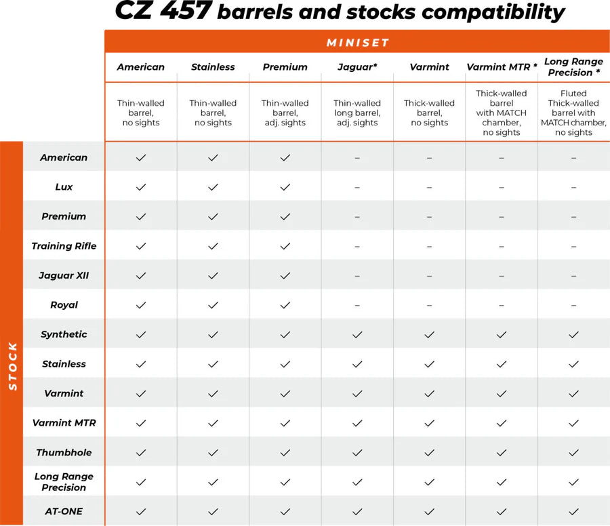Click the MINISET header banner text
coord(357,43)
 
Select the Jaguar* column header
coord(357,67)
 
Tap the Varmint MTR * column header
coord(502,67)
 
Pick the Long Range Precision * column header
coord(573,67)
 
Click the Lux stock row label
coord(64,187)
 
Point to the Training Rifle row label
coord(64,246)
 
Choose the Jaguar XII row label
coord(64,276)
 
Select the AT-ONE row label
coord(64,511)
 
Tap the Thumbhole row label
coord(64,452)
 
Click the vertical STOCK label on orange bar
coord(12,366)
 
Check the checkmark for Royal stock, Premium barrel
coord(285,305)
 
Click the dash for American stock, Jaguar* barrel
coord(357,158)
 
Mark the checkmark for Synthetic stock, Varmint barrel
coord(429,334)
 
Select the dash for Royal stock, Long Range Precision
coord(573,305)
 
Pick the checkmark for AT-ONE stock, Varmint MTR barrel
coord(502,511)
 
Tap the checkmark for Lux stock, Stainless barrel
coord(213,187)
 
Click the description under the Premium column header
coord(285,113)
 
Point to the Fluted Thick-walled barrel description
coord(573,113)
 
